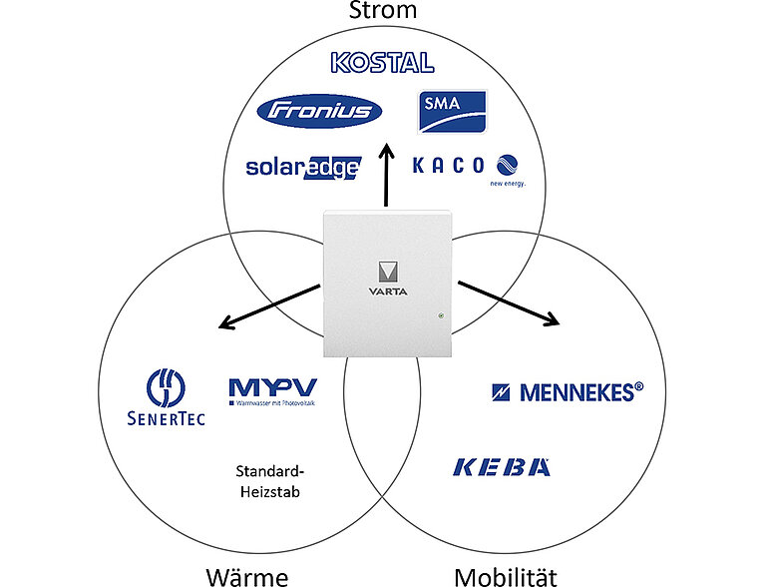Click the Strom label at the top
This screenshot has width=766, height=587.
click(x=383, y=11)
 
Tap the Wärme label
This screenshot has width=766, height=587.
click(x=246, y=576)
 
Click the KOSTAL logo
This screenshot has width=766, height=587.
click(x=383, y=63)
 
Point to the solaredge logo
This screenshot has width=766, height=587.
click(x=302, y=167)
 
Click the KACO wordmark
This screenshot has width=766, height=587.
click(x=449, y=165)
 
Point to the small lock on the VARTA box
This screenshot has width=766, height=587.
click(x=439, y=317)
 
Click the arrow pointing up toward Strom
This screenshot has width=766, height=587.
click(x=385, y=178)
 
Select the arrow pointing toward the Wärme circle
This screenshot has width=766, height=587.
click(x=269, y=306)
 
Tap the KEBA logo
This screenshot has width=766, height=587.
click(x=502, y=466)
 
